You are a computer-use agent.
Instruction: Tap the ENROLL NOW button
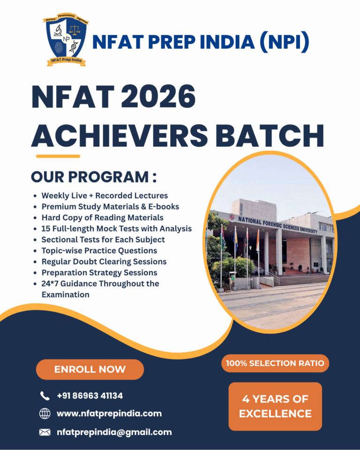click(x=90, y=369)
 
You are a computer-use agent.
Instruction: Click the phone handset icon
click(x=45, y=396)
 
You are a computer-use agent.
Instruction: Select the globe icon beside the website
click(x=45, y=413)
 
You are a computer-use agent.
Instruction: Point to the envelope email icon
click(x=45, y=432)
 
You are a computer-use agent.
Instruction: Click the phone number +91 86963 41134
click(x=90, y=396)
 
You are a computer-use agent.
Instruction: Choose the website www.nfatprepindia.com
click(x=109, y=413)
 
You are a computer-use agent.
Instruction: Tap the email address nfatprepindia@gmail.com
click(x=114, y=432)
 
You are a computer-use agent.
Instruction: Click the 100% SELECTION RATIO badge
click(x=275, y=363)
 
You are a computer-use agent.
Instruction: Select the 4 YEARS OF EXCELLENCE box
click(x=275, y=406)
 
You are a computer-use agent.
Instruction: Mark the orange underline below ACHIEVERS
click(x=58, y=156)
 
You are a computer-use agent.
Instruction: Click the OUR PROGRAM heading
click(x=93, y=178)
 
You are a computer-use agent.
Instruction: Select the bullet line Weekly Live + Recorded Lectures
click(x=105, y=195)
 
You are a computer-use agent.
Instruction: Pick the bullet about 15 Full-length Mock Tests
click(x=116, y=229)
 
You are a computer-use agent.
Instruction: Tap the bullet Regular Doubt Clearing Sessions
click(x=104, y=262)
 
